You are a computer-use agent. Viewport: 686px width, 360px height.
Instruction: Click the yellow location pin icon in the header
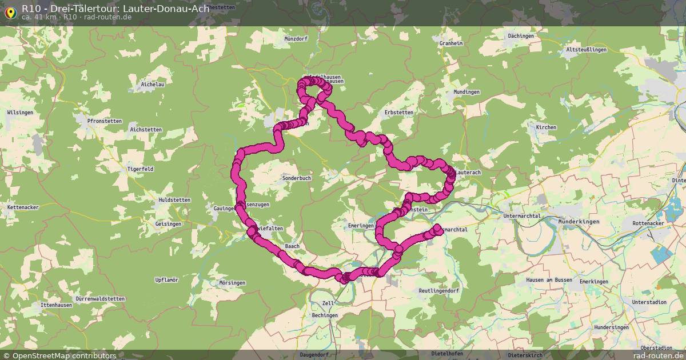10,12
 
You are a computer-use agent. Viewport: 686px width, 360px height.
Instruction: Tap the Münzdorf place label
296,39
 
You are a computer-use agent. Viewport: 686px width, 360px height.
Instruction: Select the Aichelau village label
153,85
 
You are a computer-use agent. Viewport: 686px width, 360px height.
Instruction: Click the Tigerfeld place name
140,169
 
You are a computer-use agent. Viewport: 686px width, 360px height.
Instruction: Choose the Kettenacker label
23,207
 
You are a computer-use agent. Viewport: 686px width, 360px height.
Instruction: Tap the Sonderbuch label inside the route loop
297,178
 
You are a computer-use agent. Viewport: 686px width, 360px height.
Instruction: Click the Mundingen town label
466,92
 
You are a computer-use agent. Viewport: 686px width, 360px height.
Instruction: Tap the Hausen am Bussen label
549,280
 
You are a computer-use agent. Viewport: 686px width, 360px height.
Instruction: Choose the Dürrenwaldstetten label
100,299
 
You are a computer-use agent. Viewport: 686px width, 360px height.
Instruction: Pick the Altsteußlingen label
586,50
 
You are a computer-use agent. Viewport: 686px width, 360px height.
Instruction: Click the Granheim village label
451,43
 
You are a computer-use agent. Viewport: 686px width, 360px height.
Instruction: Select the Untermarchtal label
522,215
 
